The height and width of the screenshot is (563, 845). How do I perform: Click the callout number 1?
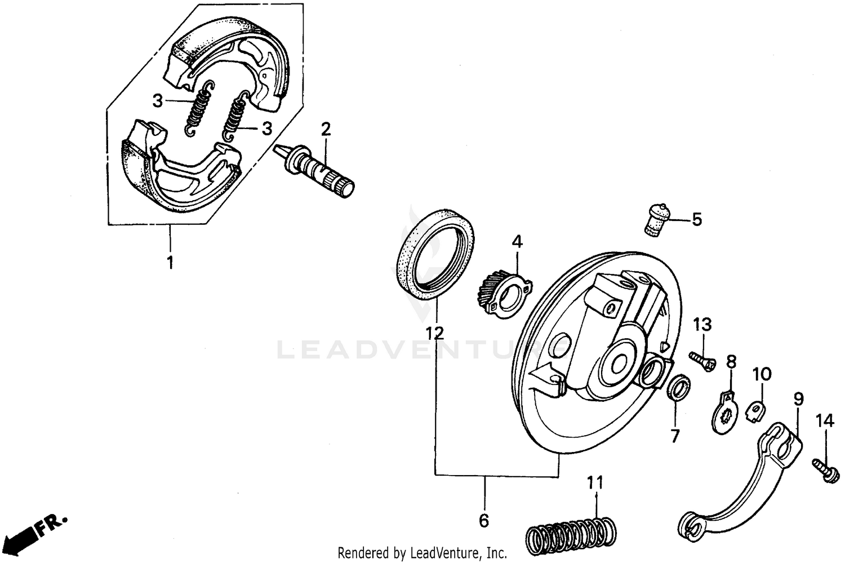coord(170,262)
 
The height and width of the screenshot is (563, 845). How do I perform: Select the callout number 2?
coord(325,130)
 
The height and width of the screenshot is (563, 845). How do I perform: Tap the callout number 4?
coord(517,242)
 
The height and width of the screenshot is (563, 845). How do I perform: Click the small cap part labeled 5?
coord(656,220)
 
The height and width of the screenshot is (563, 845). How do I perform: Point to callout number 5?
coord(697,219)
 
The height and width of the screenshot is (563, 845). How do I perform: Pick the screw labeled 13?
coord(701,360)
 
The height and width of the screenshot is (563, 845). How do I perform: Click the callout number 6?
coord(484,521)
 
